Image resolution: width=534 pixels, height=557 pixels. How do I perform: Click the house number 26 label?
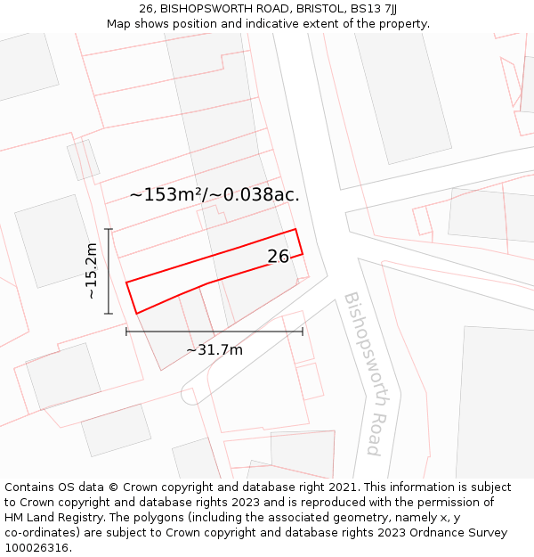279,257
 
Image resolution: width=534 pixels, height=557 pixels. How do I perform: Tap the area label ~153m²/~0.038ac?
214,195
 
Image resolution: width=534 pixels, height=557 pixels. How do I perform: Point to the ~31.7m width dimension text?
214,350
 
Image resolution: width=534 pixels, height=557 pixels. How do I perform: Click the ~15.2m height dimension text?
91,271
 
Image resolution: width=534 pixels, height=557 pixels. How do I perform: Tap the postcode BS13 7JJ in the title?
374,8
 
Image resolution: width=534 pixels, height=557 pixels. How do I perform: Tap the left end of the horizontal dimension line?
126,332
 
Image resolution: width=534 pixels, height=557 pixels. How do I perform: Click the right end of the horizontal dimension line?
303,332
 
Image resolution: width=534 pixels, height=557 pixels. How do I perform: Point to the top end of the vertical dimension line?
109,229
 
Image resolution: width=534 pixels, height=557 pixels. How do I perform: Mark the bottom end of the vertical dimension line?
109,314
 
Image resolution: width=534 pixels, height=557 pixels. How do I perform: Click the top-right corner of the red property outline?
295,229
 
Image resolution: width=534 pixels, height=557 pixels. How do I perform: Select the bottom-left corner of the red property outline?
136,314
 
